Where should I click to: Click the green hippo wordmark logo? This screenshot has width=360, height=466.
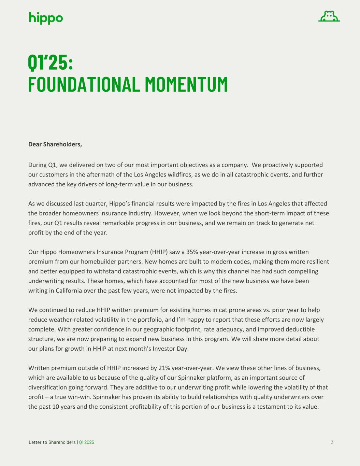pos(46,18)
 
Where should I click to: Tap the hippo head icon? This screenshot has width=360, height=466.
pos(329,16)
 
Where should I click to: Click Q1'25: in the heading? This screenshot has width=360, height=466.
pos(51,62)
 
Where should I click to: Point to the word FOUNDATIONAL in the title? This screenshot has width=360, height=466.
pos(84,84)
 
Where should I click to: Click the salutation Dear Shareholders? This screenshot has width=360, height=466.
pos(55,144)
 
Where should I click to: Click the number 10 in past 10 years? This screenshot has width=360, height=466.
pos(56,407)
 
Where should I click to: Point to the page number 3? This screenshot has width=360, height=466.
pos(332,442)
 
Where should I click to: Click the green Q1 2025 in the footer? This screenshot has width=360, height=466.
pos(87,442)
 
